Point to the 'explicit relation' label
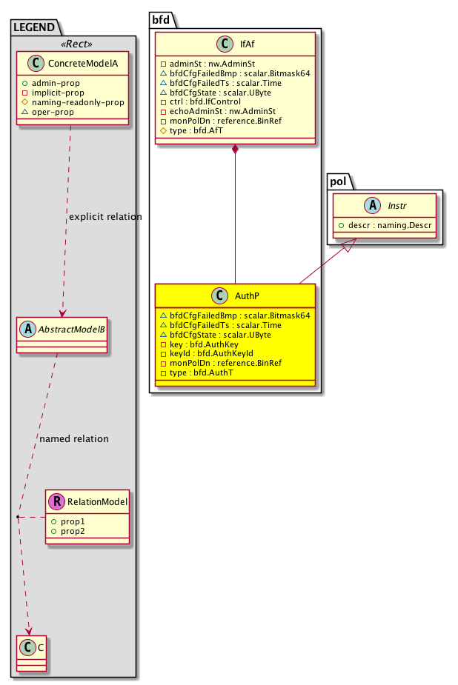click(104, 217)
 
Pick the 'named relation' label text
click(73, 439)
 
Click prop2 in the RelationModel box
click(73, 532)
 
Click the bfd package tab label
click(162, 18)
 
